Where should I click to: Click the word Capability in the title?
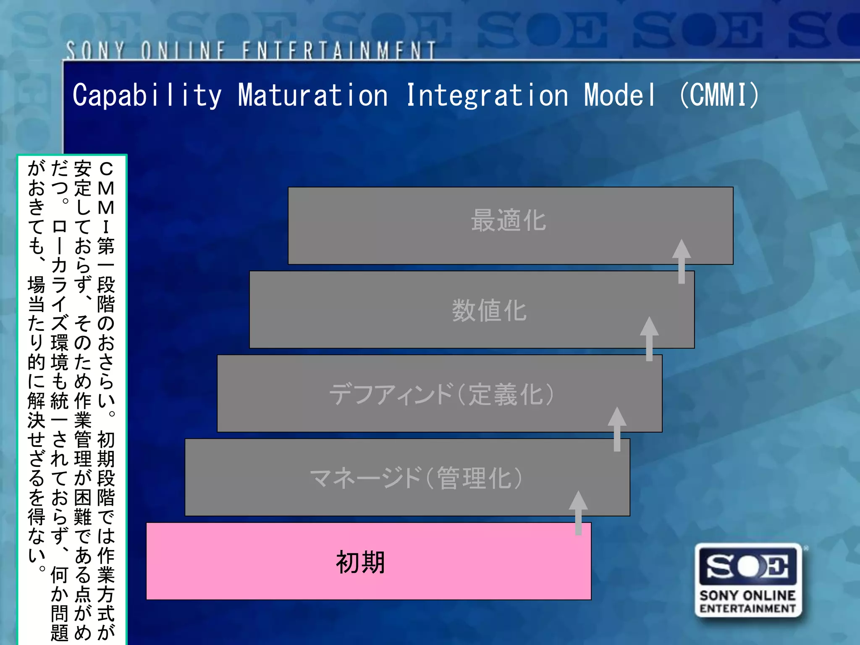pos(147,95)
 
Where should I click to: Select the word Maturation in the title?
pos(313,95)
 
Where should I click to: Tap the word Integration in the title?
pos(487,95)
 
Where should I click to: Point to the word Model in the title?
pos(619,95)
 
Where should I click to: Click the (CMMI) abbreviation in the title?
pos(719,95)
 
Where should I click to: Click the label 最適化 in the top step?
pos(509,220)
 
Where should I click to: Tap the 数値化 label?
pos(489,311)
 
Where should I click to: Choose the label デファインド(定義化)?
pos(441,394)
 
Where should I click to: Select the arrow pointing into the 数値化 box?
pos(649,338)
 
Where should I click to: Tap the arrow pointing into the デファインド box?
pos(617,428)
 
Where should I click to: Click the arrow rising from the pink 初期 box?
pos(578,512)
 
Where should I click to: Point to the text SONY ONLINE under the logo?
pos(748,595)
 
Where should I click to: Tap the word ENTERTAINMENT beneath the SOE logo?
pos(748,608)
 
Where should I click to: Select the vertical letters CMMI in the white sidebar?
pos(106,197)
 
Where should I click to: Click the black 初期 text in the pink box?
pos(360,562)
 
